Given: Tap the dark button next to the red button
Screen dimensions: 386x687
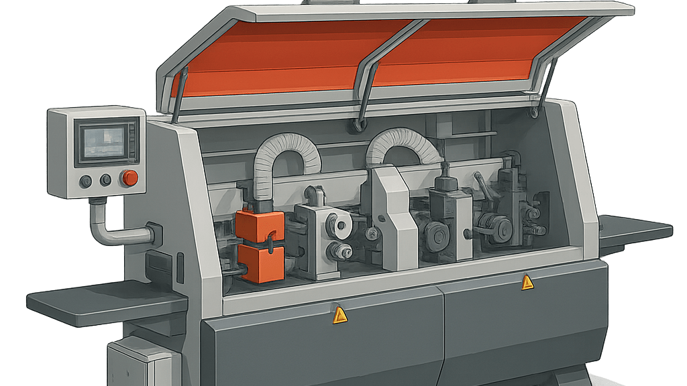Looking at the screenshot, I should [106, 180].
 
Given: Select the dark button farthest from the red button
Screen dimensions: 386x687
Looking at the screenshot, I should [85, 180].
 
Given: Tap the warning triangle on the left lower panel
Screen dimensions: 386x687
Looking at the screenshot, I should [340, 315].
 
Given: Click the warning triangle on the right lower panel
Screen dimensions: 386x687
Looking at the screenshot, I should [528, 283].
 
